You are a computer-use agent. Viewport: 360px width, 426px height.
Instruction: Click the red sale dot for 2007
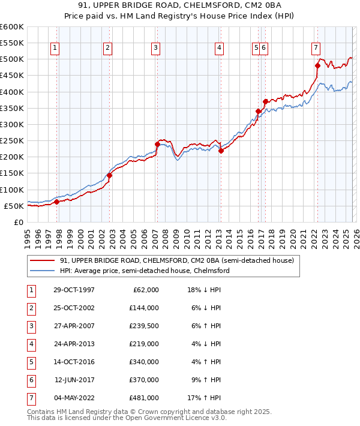pos(157,144)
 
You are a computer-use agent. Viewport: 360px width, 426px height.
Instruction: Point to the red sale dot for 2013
pos(220,151)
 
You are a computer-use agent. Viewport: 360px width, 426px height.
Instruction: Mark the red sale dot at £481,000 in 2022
pos(317,65)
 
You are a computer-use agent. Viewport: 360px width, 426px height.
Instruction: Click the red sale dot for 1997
pos(57,202)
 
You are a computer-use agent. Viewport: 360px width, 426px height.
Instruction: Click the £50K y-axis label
pos(13,206)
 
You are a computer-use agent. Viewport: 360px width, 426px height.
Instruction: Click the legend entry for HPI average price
pos(145,271)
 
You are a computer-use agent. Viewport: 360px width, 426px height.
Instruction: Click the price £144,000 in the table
pos(143,308)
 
